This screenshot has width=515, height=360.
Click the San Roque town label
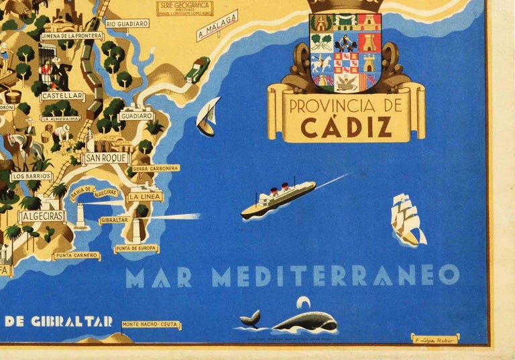(106, 158)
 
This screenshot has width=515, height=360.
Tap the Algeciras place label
(42, 217)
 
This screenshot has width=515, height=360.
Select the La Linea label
(144, 197)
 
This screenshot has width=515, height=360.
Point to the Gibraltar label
(114, 220)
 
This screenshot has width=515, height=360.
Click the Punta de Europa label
(136, 249)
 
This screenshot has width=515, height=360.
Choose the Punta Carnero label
(76, 255)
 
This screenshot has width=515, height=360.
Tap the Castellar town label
(62, 96)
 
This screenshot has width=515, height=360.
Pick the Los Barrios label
(32, 176)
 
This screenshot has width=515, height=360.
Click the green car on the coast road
(197, 69)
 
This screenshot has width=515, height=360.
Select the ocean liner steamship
(278, 199)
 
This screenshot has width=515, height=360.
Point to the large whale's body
(306, 322)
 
